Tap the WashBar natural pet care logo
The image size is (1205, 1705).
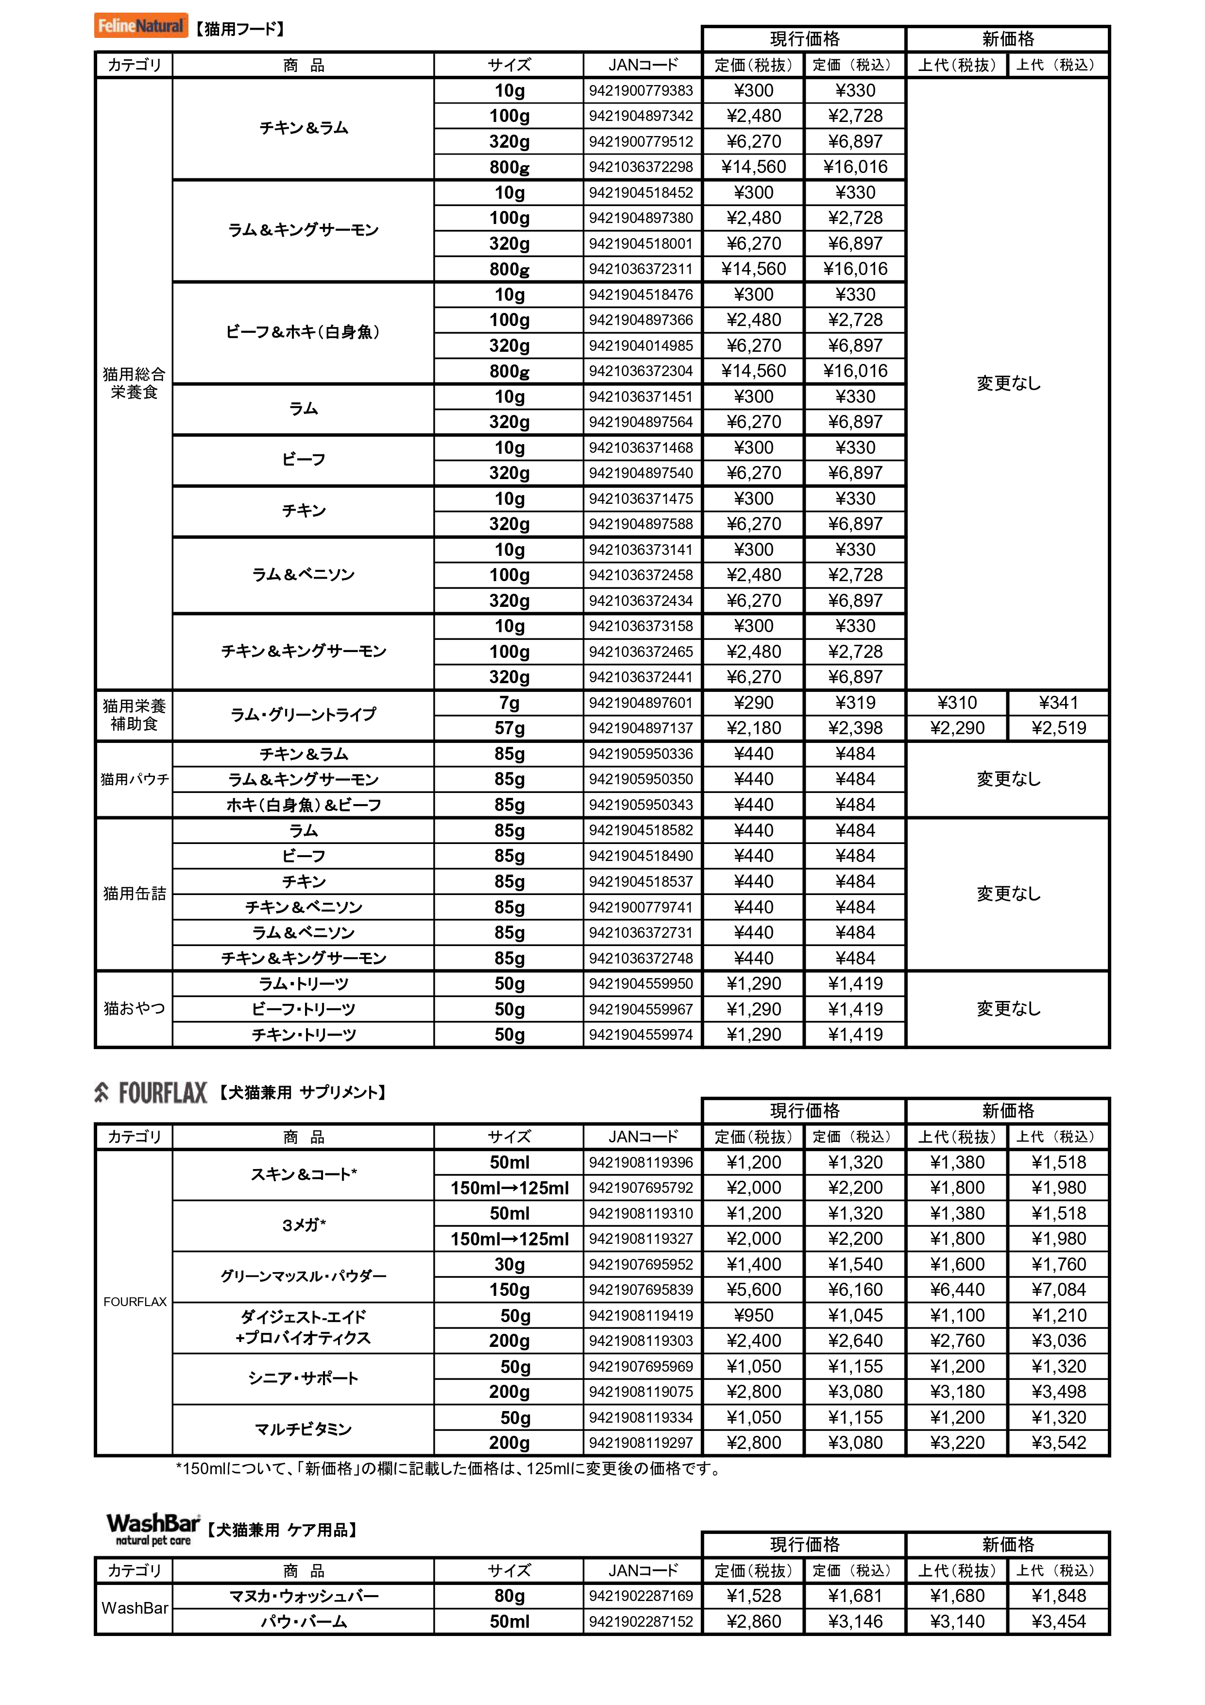[x=153, y=1530]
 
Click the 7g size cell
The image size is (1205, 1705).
[x=509, y=703]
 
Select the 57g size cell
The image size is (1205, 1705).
[x=509, y=728]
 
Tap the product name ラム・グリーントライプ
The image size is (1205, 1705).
[x=303, y=714]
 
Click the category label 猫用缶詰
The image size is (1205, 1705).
[x=135, y=894]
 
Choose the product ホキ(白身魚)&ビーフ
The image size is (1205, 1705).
[x=303, y=805]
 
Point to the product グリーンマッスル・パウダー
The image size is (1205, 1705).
[x=303, y=1276]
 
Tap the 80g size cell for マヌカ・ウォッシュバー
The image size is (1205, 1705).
[x=509, y=1595]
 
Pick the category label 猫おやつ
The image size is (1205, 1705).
[x=135, y=1008]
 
